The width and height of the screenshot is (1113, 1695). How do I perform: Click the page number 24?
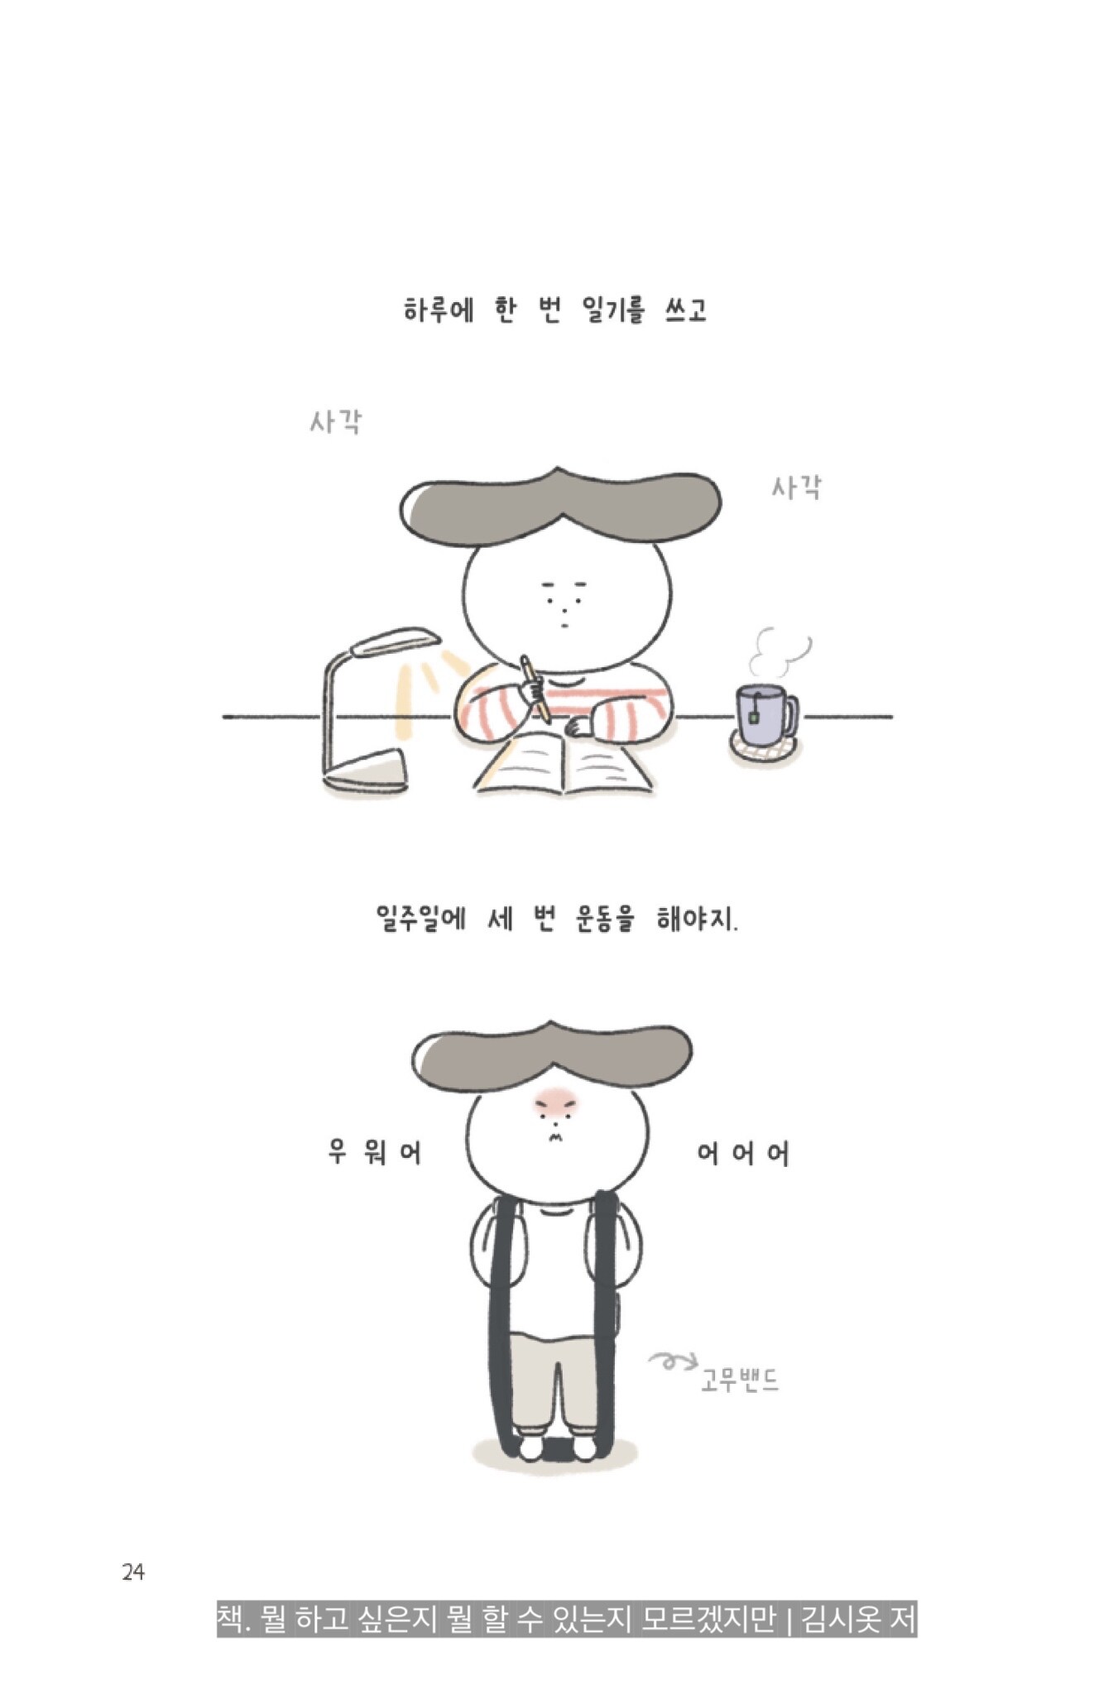tap(132, 1572)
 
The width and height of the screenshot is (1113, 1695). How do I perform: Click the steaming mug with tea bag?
tap(766, 713)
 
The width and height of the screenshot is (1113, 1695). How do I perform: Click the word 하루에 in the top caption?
tap(438, 311)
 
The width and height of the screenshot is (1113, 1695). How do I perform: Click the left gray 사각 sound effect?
tap(336, 422)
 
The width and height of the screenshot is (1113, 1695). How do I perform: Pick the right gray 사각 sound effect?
tap(797, 487)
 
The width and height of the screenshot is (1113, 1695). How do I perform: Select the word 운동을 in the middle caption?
tap(605, 919)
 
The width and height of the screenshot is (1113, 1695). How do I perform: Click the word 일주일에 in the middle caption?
tap(420, 919)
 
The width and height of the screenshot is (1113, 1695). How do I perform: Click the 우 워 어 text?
tap(375, 1151)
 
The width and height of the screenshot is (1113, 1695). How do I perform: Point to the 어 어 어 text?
tap(743, 1153)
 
